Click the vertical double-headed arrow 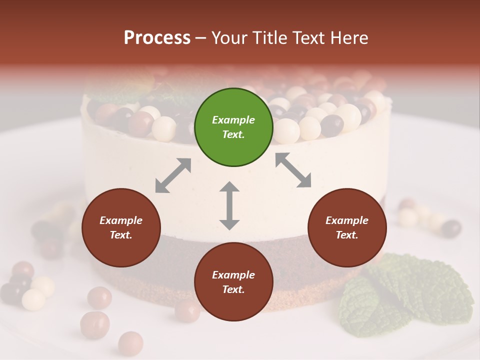229,205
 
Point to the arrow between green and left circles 173,175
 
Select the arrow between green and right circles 293,170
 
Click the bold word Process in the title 157,37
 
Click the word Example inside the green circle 233,120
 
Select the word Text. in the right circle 347,235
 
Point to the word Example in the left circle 121,220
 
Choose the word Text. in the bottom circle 233,289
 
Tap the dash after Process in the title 200,38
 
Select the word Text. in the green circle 233,134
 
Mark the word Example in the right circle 347,220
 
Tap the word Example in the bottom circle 233,275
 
